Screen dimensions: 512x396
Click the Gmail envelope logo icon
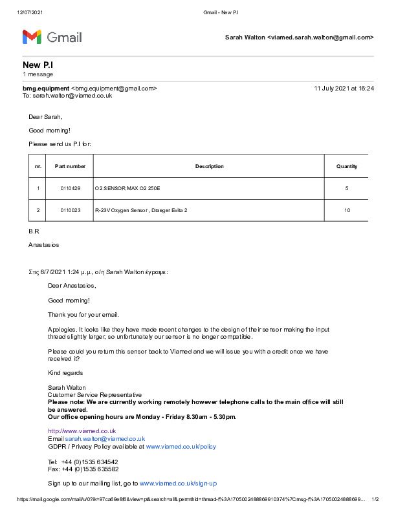[32, 37]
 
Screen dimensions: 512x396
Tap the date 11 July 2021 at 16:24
[344, 88]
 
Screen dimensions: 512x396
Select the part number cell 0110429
[70, 188]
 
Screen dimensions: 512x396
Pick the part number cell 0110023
[70, 210]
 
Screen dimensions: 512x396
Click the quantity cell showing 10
[347, 210]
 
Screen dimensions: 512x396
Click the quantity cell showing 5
[347, 188]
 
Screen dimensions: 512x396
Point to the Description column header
[209, 166]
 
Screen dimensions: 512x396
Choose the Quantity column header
[347, 166]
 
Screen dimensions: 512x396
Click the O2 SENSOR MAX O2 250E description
[127, 188]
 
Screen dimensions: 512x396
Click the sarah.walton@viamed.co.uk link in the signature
[105, 438]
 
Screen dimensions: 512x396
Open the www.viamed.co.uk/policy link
[181, 447]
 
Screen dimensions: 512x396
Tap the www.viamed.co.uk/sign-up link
[178, 484]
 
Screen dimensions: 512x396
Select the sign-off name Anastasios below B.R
[43, 245]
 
